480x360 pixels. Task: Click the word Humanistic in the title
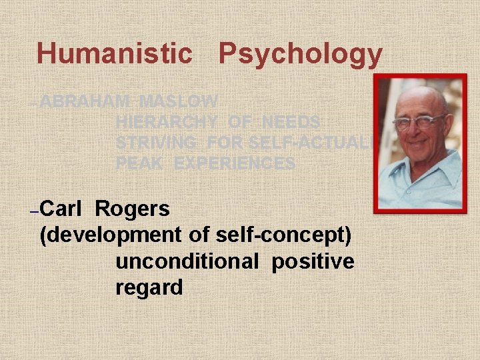click(114, 53)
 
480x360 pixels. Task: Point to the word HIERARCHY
click(167, 123)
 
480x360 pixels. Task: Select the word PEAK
click(140, 163)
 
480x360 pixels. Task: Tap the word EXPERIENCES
click(235, 163)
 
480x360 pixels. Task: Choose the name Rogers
click(133, 209)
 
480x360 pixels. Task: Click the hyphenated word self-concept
click(283, 235)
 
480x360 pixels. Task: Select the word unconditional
click(187, 262)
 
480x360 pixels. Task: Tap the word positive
click(313, 262)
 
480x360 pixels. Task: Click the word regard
click(149, 288)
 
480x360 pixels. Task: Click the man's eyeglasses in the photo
click(419, 121)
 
